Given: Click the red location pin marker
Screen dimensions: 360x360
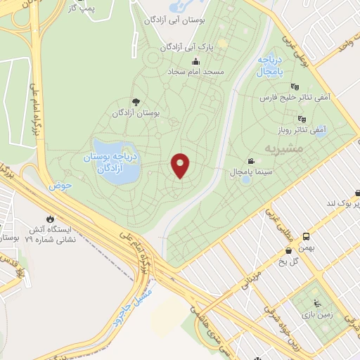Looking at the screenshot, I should click(x=181, y=165).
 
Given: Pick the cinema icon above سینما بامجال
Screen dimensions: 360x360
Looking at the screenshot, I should click(x=251, y=161).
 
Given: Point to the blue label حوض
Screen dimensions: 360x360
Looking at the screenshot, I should click(x=60, y=186).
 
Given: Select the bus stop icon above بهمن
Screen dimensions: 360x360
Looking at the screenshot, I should click(x=307, y=237).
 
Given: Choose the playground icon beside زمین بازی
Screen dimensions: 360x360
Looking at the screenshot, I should click(x=317, y=304).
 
